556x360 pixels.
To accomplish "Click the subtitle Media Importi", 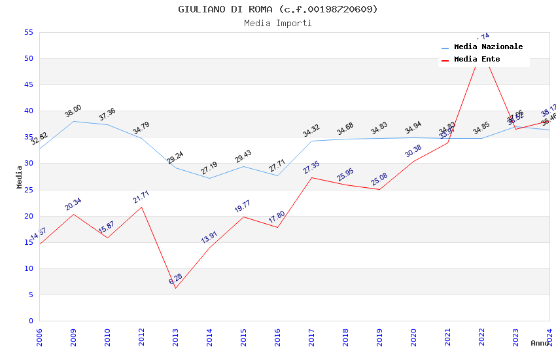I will coord(278,23).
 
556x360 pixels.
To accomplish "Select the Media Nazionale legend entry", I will coord(488,47).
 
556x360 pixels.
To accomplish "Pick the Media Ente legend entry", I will coord(477,60).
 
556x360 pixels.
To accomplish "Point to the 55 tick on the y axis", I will coord(27,32).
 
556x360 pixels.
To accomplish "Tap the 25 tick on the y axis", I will coord(27,190).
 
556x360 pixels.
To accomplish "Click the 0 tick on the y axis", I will coord(30,321).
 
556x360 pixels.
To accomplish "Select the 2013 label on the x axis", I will coord(175,338).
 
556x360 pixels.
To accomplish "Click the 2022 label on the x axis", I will coord(481,338).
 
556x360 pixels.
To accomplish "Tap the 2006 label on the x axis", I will coord(39,338).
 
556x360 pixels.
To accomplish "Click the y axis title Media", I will coord(20,177).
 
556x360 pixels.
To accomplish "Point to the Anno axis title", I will coord(540,343).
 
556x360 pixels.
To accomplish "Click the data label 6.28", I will coord(175,279).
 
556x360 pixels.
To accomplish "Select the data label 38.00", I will coord(73,111).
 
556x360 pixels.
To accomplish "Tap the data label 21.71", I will coord(141,197).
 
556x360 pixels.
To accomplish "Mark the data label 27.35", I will coord(311,168).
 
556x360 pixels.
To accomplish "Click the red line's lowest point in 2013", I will coord(175,288).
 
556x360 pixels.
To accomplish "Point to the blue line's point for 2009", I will coord(73,121).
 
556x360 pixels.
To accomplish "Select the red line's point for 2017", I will coord(311,177).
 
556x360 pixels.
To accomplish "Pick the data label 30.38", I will coord(413,151).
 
